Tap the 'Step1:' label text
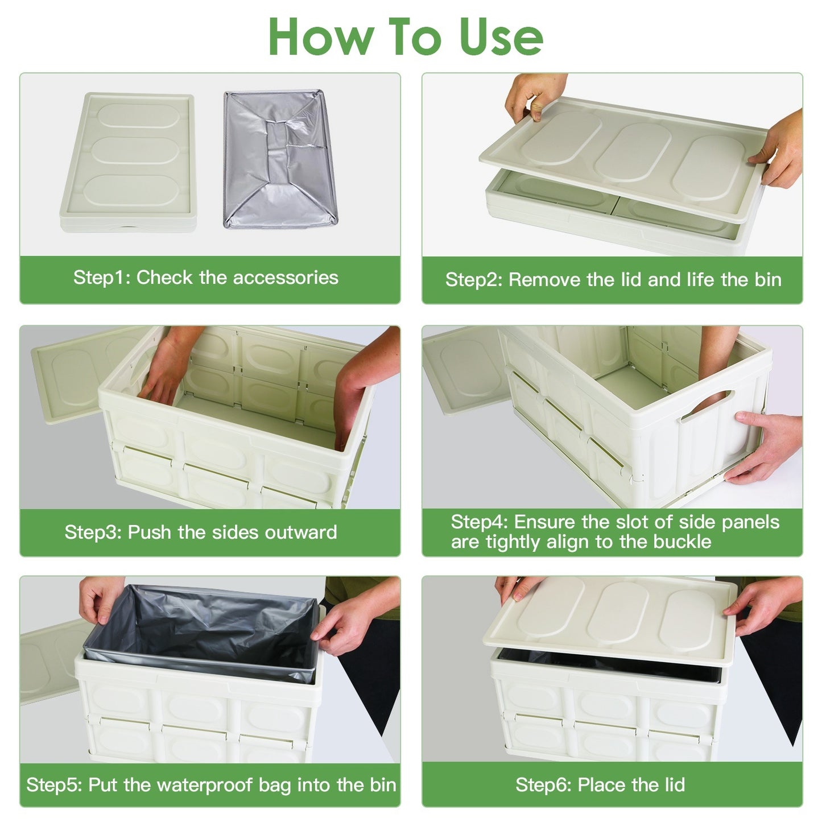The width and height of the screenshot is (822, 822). click(102, 278)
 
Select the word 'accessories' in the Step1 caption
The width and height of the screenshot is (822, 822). click(286, 278)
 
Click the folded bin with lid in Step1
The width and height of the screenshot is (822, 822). click(128, 162)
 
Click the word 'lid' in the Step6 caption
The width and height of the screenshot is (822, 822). click(675, 785)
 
